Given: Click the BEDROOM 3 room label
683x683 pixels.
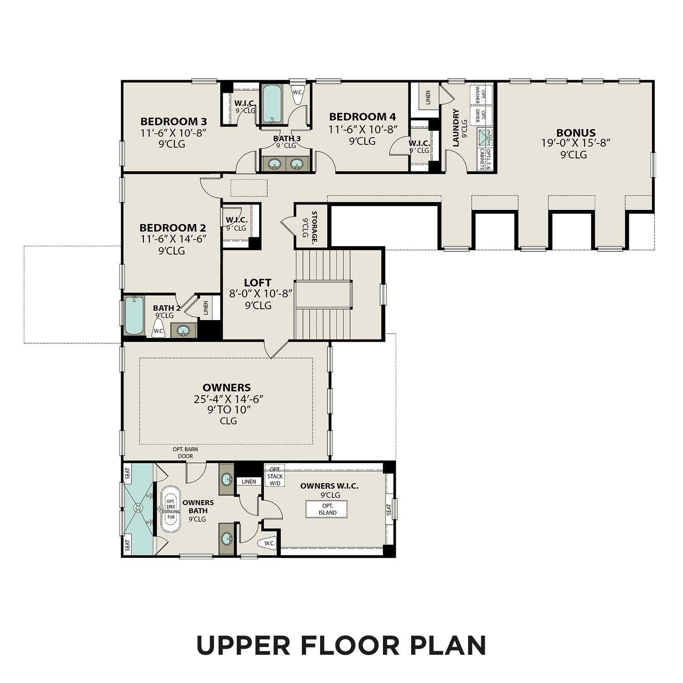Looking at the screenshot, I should (173, 122).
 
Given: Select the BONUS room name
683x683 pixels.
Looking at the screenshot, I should (576, 133).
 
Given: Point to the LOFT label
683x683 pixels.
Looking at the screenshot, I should (257, 283).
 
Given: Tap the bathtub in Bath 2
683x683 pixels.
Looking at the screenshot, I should (134, 315).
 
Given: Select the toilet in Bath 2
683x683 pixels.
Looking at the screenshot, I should (158, 329).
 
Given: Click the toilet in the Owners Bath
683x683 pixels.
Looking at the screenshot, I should (268, 543).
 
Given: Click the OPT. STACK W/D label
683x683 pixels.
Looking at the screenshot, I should (275, 476).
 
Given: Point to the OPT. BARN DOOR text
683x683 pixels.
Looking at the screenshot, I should (185, 452).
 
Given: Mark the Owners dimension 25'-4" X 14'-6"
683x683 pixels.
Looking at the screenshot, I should (229, 399).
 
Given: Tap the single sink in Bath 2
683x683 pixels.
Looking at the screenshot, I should (183, 330).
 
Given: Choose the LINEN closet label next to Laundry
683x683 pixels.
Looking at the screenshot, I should (428, 98).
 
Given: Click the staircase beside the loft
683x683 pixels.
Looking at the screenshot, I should (323, 295).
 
